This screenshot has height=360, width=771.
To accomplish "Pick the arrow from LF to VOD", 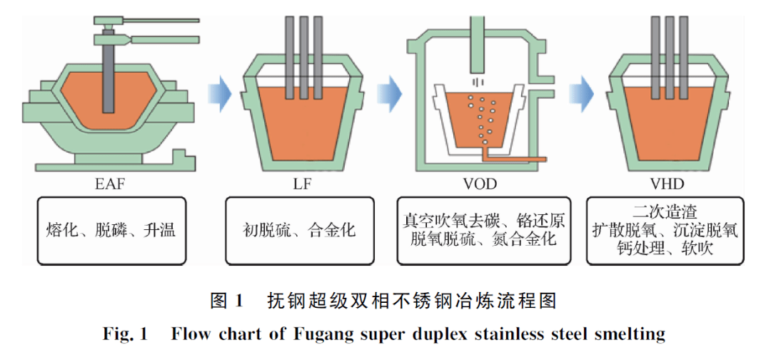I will click(389, 92).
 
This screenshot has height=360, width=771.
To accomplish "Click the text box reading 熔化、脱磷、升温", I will click(109, 230).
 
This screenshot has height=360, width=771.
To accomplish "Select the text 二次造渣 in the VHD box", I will click(669, 212).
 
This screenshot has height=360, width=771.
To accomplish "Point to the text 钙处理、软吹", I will click(669, 248).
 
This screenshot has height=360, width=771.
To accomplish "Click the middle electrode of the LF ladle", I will click(303, 57).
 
